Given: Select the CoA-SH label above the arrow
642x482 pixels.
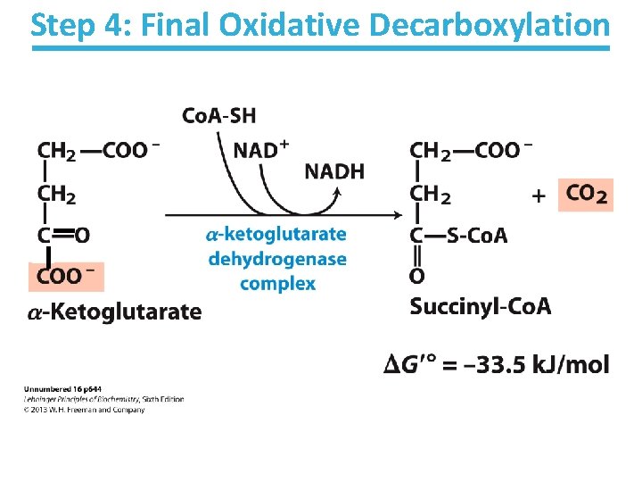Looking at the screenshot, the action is [218, 115].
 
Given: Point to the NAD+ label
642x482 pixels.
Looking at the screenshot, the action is [260, 149].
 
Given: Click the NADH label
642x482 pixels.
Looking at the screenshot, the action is [334, 171].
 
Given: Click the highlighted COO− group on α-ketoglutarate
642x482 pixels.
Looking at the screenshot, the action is [67, 276].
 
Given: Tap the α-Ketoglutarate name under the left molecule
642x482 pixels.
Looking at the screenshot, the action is [114, 312].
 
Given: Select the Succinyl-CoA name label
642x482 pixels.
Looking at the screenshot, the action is [481, 307].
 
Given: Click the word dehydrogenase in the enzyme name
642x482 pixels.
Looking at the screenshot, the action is [276, 259].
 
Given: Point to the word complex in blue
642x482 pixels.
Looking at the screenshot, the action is [277, 284].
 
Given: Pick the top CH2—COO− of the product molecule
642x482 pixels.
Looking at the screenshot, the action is [471, 150].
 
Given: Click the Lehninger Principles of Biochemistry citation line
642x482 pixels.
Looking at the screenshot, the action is [102, 399].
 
